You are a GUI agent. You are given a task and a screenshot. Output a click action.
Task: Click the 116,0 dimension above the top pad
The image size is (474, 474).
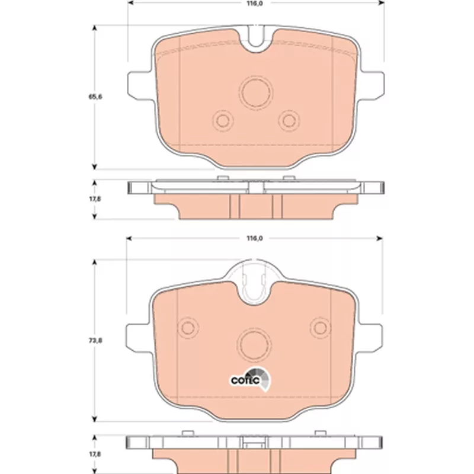pos(255,4)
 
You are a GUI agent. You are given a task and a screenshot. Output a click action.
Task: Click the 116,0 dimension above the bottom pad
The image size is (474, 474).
pos(255,238)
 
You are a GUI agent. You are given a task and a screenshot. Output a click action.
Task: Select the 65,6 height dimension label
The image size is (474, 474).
pos(95,97)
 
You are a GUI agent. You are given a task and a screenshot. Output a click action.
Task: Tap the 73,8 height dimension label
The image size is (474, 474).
pos(95,340)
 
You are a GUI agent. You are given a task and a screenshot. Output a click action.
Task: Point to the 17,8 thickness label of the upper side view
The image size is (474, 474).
pos(95,199)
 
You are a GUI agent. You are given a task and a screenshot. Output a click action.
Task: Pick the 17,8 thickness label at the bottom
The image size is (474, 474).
pos(95,454)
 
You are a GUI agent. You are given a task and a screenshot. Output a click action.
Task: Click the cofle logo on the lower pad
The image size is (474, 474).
pos(250,379)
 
